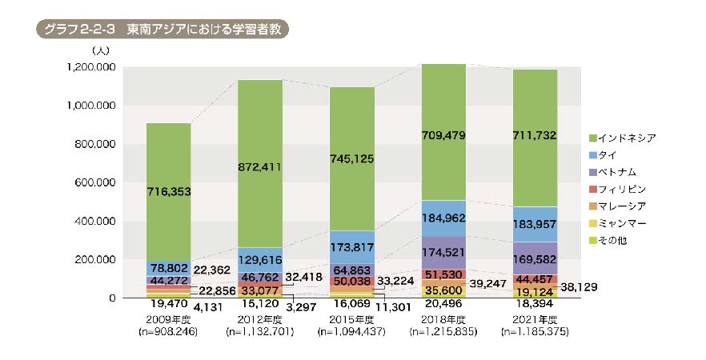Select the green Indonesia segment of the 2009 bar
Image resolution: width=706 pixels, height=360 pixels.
(x=168, y=192)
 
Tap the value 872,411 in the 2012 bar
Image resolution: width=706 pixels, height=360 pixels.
(x=259, y=167)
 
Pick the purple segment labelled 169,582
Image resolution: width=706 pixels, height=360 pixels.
(x=535, y=260)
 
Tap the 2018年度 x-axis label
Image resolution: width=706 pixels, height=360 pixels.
(x=443, y=319)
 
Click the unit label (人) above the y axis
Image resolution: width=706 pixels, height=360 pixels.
(x=103, y=50)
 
